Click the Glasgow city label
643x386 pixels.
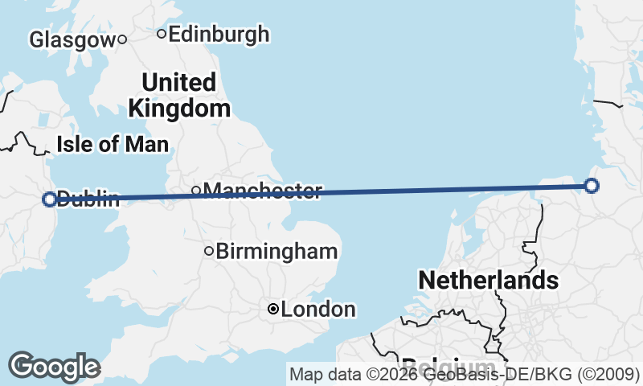point(72,39)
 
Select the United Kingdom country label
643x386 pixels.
point(178,95)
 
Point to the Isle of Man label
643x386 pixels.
point(113,145)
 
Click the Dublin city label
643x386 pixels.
point(88,199)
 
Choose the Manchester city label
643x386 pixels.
point(263,191)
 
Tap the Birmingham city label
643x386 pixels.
point(276,251)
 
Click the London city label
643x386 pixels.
point(318,309)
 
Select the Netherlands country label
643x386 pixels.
point(488,280)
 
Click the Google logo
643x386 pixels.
point(54,366)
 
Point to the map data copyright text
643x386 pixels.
point(464,374)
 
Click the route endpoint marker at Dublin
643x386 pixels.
point(49,199)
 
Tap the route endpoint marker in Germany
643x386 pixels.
point(592,186)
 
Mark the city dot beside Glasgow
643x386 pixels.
point(122,39)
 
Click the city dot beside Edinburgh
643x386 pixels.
point(162,34)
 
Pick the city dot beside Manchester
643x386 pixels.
point(196,191)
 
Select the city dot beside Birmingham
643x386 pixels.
point(209,251)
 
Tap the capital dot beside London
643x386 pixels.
point(273,309)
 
